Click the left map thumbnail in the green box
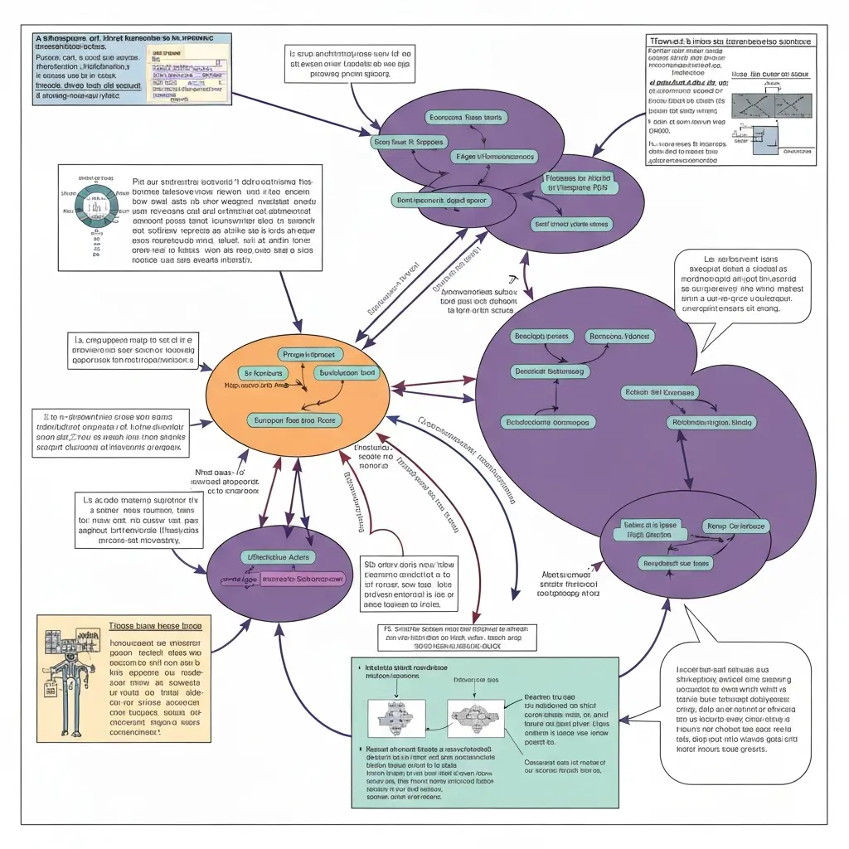coord(396,719)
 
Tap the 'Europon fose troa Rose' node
coord(294,420)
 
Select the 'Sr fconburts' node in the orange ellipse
coord(261,374)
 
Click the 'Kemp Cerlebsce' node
coord(736,526)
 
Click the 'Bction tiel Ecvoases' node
coord(660,391)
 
